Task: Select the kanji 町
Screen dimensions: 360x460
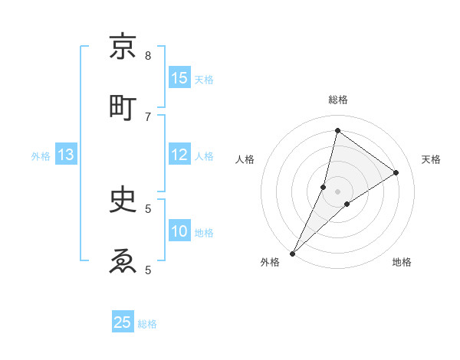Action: [x=123, y=107]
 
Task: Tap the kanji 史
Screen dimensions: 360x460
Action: [x=123, y=199]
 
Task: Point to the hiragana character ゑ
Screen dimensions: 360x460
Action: [x=123, y=260]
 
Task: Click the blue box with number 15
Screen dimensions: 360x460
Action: [x=179, y=78]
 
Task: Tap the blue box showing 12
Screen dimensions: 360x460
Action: [x=179, y=155]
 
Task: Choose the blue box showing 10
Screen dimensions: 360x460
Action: [x=179, y=231]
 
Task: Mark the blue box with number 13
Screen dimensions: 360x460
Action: [x=66, y=155]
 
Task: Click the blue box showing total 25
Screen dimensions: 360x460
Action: [x=123, y=322]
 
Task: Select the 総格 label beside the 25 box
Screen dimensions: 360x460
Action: [x=147, y=323]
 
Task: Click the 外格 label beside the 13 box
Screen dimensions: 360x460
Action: [x=41, y=155]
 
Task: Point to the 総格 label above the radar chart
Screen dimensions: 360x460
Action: [x=338, y=100]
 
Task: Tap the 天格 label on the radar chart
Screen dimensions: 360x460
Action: [x=431, y=159]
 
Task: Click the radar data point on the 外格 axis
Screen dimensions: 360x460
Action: [x=292, y=253]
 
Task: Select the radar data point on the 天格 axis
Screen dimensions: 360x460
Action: [x=396, y=173]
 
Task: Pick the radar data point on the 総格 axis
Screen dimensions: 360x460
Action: [x=338, y=130]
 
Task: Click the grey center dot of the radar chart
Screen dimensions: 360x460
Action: [x=338, y=191]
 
